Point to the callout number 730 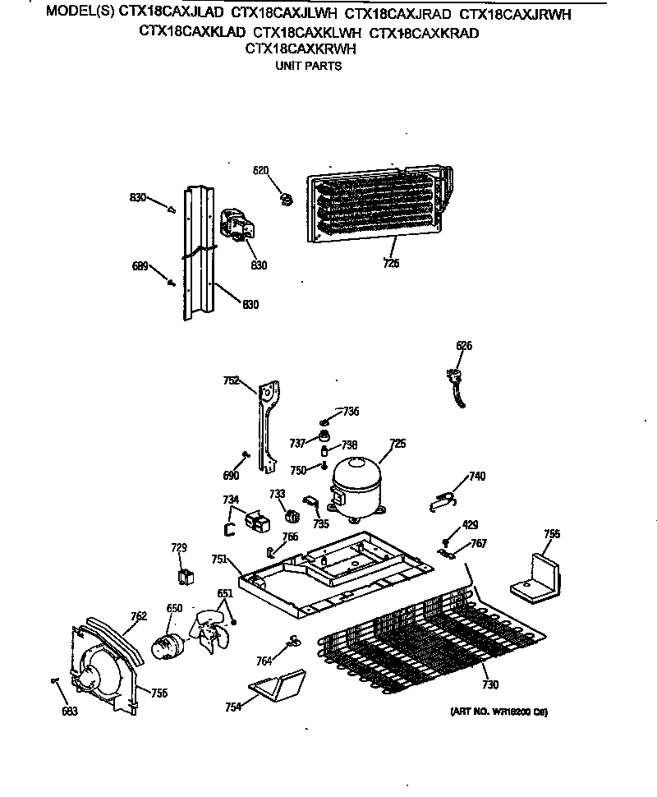[490, 684]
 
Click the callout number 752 [232, 380]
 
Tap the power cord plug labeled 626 [453, 383]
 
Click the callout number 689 [140, 266]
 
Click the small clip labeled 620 [287, 196]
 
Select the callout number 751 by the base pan [219, 559]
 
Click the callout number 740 [476, 476]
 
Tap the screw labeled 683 [54, 681]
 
